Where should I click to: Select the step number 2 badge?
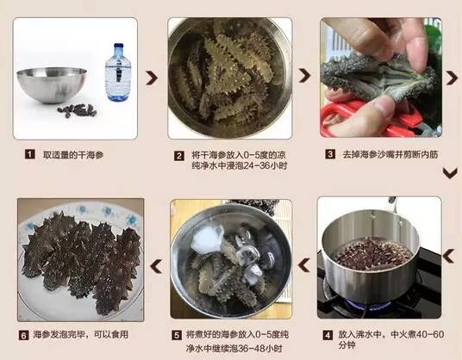pyautogui.click(x=179, y=156)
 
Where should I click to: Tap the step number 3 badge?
pyautogui.click(x=330, y=155)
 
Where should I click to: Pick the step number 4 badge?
pyautogui.click(x=328, y=334)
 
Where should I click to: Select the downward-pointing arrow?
pyautogui.click(x=449, y=172)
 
